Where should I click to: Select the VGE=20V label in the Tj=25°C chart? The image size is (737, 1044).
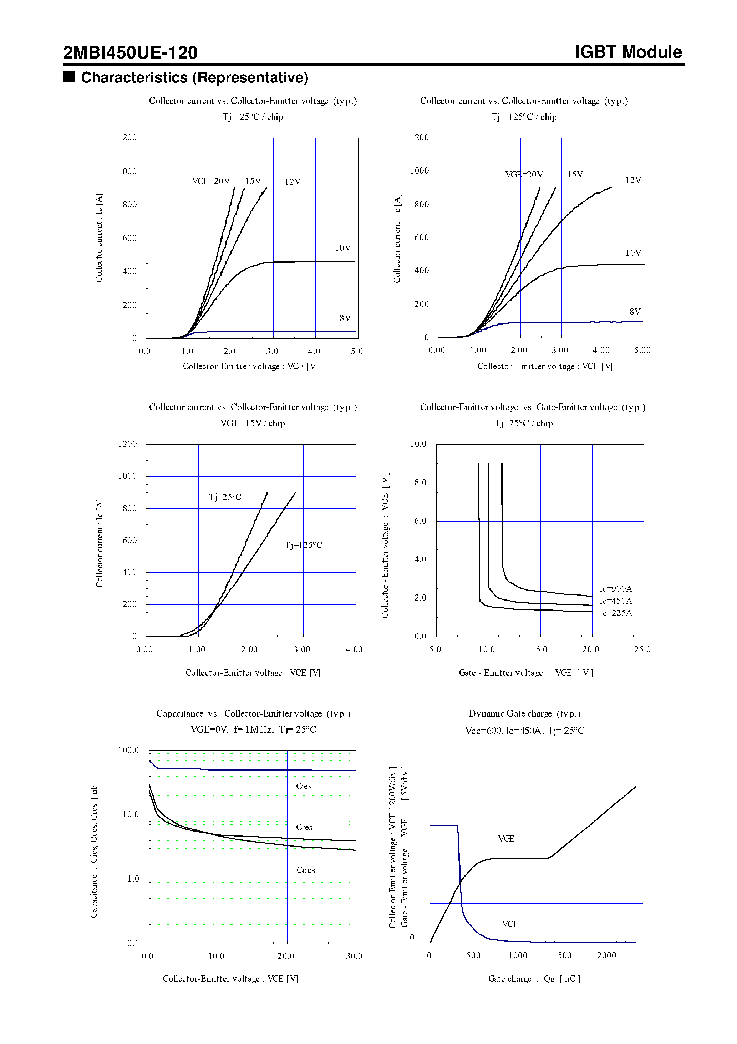click(211, 181)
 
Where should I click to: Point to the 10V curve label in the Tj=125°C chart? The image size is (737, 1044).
click(633, 253)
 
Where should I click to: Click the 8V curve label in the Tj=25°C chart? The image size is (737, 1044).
click(345, 318)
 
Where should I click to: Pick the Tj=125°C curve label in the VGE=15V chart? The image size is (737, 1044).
click(303, 545)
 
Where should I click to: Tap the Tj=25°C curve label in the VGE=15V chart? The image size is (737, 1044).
click(225, 497)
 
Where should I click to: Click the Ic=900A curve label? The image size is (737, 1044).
click(616, 589)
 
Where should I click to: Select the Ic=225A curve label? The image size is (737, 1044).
click(616, 613)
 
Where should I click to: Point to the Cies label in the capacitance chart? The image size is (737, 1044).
click(304, 786)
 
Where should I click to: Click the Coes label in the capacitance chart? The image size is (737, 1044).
click(305, 870)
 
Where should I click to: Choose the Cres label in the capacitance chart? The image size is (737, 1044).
click(304, 827)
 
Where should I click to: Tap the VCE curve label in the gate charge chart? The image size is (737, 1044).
click(510, 924)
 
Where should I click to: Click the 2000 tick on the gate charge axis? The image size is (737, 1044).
click(606, 955)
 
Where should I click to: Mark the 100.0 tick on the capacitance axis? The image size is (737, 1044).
click(128, 750)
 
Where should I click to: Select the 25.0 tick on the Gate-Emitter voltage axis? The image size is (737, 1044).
click(642, 649)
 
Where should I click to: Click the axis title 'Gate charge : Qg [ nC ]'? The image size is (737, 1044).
click(534, 979)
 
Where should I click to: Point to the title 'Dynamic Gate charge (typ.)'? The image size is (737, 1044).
click(524, 713)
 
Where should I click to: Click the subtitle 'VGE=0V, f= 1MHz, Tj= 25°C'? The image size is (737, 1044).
click(253, 729)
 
